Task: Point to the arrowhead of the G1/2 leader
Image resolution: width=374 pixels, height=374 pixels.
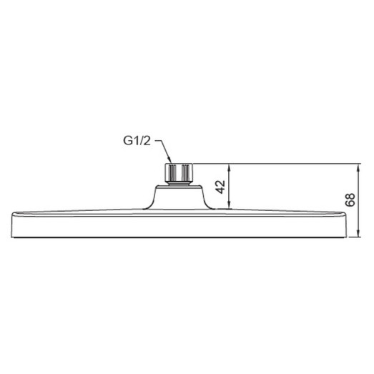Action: tap(170, 162)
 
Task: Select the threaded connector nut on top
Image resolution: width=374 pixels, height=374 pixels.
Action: tap(179, 172)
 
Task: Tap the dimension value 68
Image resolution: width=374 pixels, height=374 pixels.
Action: tap(350, 200)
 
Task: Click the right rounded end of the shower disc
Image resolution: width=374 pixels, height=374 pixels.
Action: tap(348, 224)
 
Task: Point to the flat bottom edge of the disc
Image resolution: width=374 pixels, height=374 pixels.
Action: tap(179, 236)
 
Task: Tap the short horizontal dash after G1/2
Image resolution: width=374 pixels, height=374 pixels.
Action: tap(158, 143)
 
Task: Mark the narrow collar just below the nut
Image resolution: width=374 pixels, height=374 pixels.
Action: tap(179, 183)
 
